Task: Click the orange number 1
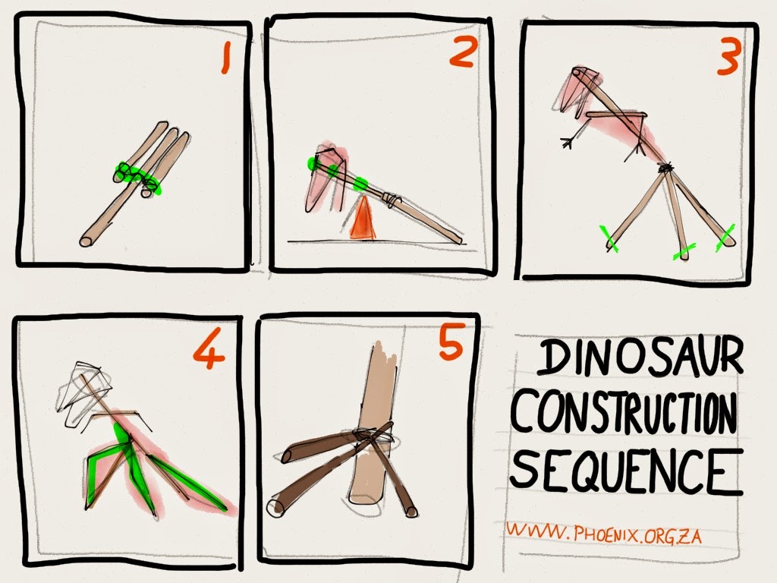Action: click(226, 58)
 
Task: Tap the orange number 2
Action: click(464, 52)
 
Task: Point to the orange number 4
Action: click(209, 349)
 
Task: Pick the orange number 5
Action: click(451, 342)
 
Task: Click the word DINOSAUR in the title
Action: click(640, 356)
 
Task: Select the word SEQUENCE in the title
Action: click(626, 470)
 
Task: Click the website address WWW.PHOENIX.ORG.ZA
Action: click(603, 532)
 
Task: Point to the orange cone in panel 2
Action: click(363, 219)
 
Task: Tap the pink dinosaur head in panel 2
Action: click(324, 178)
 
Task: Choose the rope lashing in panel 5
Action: click(373, 435)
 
